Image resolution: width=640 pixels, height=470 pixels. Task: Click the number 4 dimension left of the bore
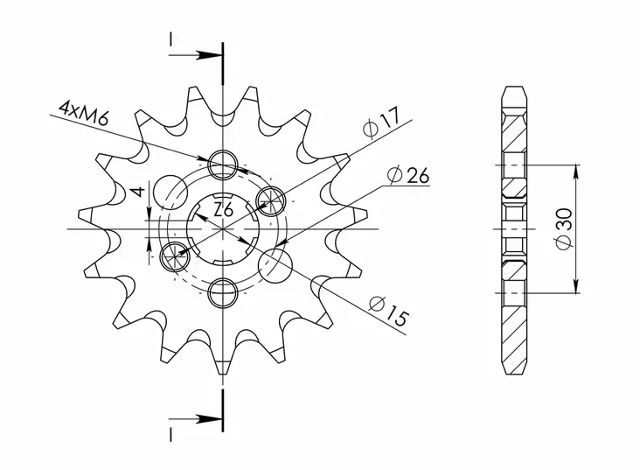point(135,192)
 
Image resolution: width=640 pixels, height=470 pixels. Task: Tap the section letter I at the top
point(171,39)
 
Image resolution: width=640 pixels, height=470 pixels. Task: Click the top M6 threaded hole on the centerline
point(223,163)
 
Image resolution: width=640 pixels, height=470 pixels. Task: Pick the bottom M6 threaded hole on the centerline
point(223,292)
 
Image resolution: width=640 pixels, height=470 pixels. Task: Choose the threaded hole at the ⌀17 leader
point(270,200)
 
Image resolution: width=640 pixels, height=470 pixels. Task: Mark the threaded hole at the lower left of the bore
point(175,255)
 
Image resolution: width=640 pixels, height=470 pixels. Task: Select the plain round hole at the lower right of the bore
point(275,264)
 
